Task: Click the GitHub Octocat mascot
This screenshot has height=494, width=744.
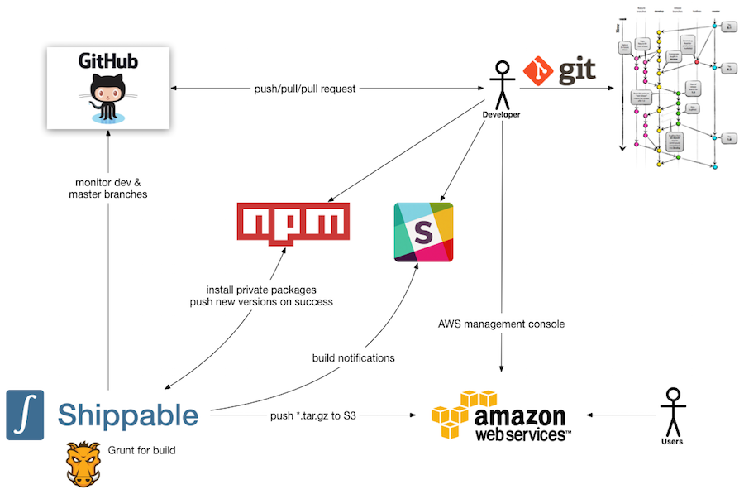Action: [108, 96]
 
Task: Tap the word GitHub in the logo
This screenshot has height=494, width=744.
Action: [108, 61]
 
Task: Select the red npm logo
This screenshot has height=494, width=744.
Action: [293, 223]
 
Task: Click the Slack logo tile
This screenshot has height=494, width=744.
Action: [423, 232]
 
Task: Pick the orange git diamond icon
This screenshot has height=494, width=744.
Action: [538, 72]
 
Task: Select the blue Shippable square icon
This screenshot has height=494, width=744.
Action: [25, 415]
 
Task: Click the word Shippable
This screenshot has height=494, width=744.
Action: [128, 415]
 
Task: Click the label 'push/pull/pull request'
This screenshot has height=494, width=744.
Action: [305, 89]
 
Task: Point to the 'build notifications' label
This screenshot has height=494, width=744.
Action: [353, 358]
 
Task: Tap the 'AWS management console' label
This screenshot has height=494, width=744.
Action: [501, 324]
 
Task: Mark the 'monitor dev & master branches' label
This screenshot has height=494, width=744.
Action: [107, 188]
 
